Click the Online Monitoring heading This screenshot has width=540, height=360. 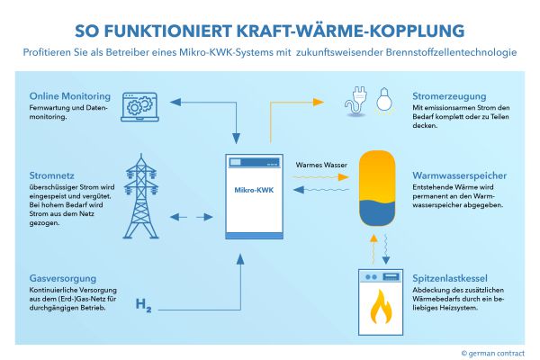(x=69, y=96)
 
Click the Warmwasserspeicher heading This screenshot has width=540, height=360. (x=461, y=175)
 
